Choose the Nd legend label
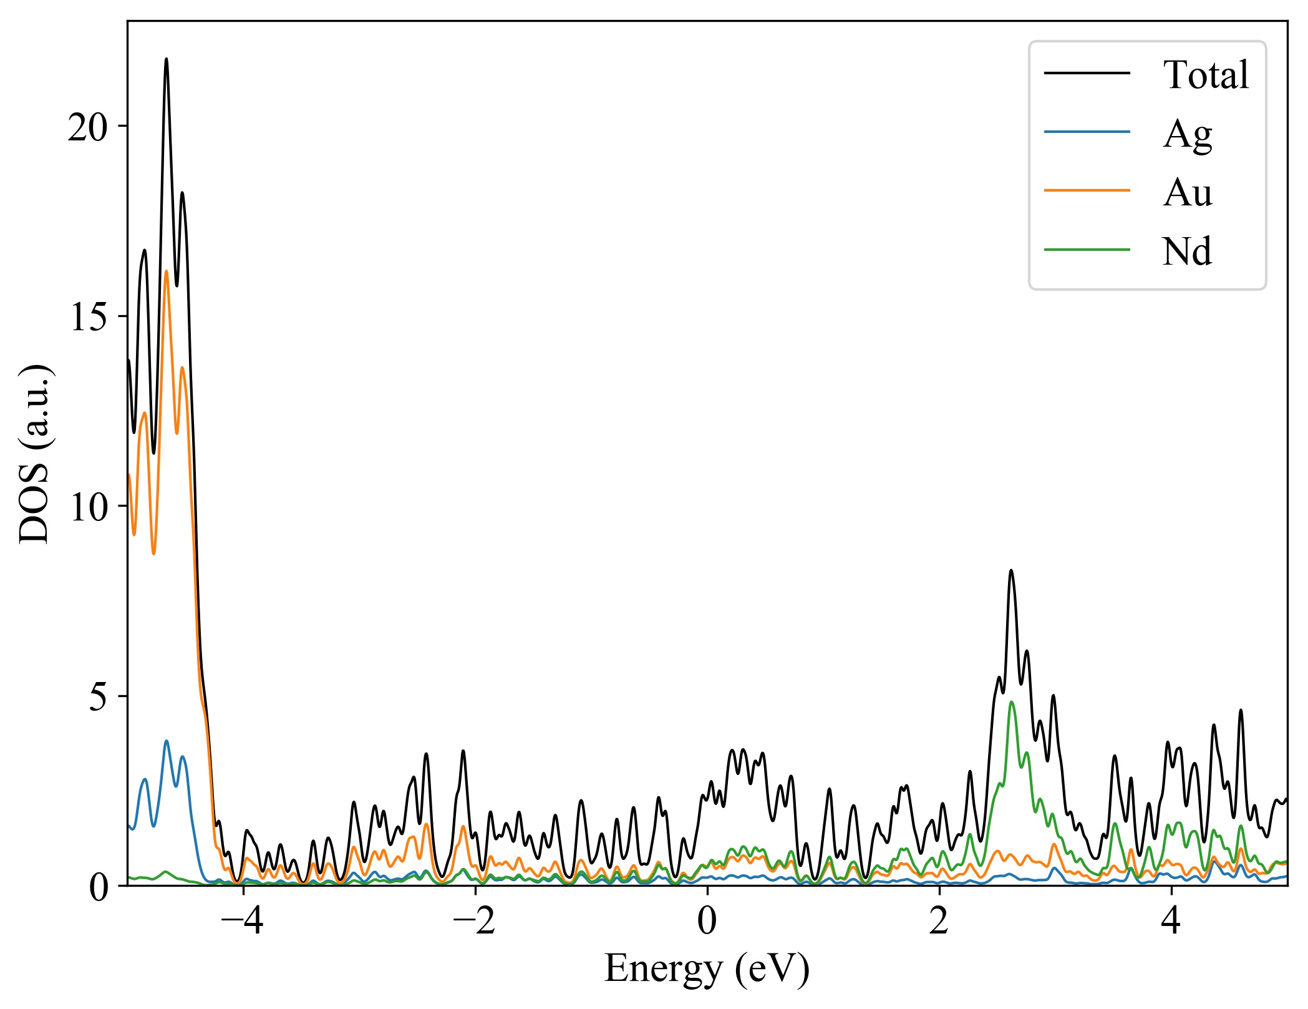tap(1186, 251)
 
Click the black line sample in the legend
tap(1087, 74)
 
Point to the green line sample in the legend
tap(1087, 250)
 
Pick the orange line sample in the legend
tap(1087, 190)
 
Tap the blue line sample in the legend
tap(1087, 132)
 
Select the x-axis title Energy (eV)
tap(707, 969)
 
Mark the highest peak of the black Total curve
tap(166, 59)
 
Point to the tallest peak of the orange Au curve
tap(166, 271)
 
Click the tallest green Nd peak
tap(1011, 702)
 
